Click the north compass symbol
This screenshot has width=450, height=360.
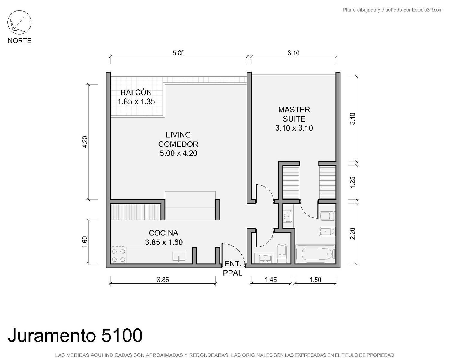pyautogui.click(x=19, y=22)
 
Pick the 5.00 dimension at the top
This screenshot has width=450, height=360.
pyautogui.click(x=178, y=53)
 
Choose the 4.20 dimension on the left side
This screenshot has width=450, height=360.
pyautogui.click(x=85, y=142)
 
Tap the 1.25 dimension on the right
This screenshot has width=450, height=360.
pyautogui.click(x=352, y=182)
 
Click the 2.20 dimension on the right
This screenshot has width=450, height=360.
pyautogui.click(x=352, y=234)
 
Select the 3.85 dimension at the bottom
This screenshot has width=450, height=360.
pyautogui.click(x=163, y=280)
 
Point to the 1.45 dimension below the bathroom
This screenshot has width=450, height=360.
pyautogui.click(x=271, y=280)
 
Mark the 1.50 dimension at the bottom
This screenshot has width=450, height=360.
pyautogui.click(x=315, y=280)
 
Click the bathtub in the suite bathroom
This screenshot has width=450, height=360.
pyautogui.click(x=316, y=254)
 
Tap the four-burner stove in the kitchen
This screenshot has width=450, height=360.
pyautogui.click(x=118, y=255)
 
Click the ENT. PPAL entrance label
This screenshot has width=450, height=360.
pyautogui.click(x=232, y=268)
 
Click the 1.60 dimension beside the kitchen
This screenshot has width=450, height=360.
pyautogui.click(x=85, y=242)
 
